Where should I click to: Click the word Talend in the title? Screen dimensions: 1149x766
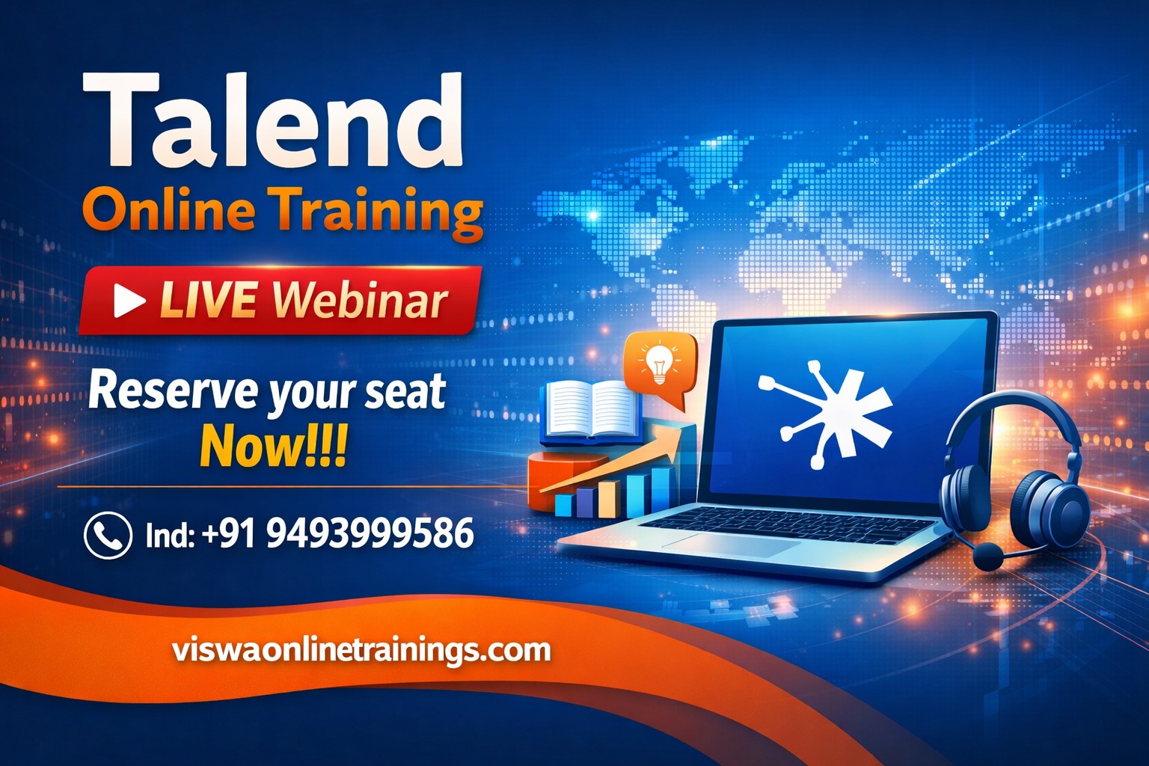click(x=272, y=121)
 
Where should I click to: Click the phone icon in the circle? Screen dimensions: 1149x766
click(x=108, y=535)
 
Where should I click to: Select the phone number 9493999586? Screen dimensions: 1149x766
click(x=370, y=533)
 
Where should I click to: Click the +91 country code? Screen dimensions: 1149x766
click(x=227, y=533)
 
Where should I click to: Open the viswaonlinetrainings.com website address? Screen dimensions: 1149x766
click(x=361, y=651)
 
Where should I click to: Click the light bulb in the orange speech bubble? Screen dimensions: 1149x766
click(x=659, y=364)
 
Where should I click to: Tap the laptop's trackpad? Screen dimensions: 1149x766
click(x=730, y=543)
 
